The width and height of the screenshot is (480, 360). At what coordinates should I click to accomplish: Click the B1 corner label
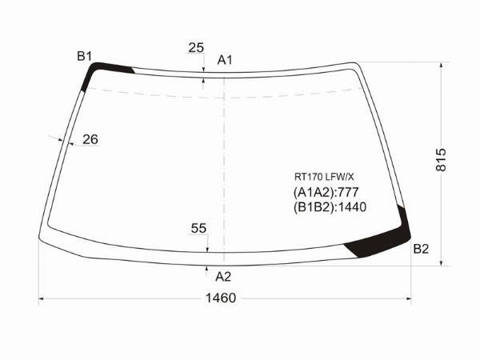84,56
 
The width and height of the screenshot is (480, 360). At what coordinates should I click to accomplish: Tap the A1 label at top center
225,60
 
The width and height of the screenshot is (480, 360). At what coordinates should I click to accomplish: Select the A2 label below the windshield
223,277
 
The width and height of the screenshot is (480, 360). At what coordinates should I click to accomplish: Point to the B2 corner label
422,249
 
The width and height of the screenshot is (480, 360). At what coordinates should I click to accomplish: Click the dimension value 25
196,48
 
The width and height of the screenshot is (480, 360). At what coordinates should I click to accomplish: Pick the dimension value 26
90,139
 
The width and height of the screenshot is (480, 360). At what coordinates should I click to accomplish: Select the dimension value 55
198,228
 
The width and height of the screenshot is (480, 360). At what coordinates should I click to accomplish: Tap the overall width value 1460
221,298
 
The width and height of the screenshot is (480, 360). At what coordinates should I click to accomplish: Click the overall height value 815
441,160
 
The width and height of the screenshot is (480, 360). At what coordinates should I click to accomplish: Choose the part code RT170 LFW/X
324,177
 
